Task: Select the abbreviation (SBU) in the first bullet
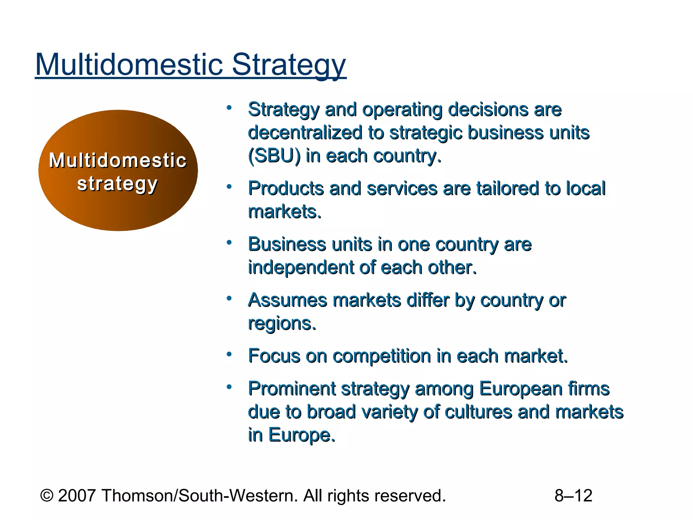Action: [274, 156]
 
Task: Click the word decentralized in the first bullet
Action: [305, 132]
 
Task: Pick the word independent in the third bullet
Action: [301, 267]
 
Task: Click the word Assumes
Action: [287, 300]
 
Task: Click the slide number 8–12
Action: [573, 496]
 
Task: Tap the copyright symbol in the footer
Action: [47, 496]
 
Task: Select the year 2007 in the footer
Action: [77, 496]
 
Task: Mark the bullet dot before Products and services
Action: [229, 187]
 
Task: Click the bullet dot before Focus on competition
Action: [229, 354]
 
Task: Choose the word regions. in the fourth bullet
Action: [282, 323]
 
